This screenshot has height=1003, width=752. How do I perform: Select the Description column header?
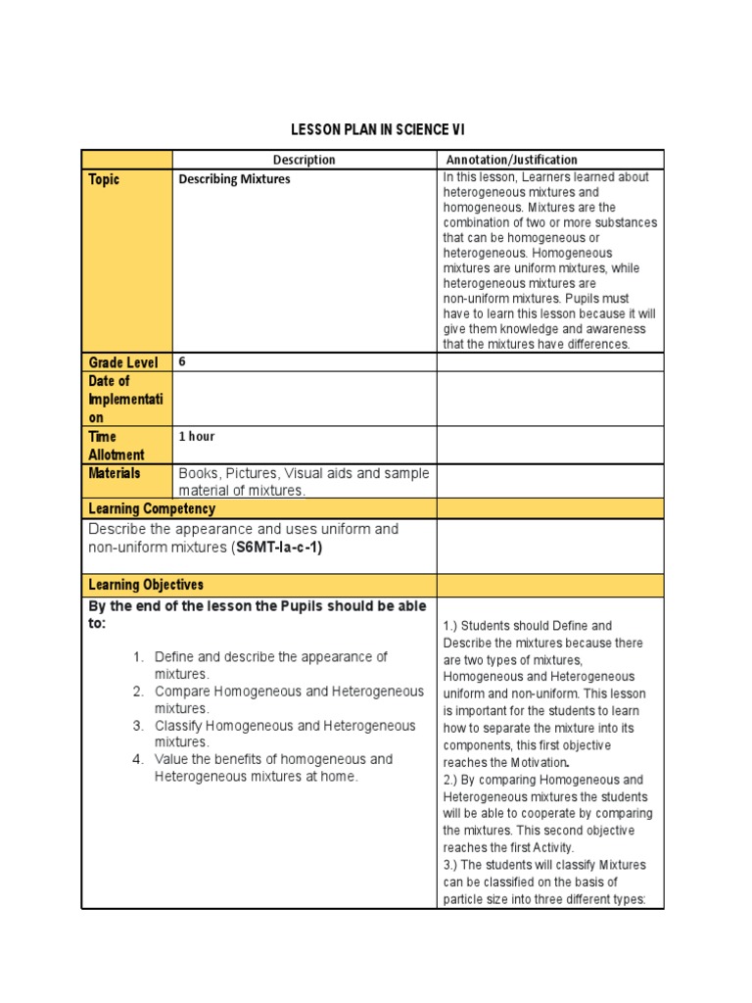click(304, 160)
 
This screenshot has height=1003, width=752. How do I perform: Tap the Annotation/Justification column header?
click(511, 160)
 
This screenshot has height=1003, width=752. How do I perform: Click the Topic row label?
click(104, 180)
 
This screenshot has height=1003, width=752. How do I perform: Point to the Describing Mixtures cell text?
click(234, 180)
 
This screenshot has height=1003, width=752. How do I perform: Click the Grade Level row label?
click(123, 362)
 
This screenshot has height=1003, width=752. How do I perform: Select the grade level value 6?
click(182, 361)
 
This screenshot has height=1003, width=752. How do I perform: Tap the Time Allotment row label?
click(116, 446)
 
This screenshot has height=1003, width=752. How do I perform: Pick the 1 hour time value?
click(196, 437)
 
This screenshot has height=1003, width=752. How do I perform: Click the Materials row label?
click(115, 473)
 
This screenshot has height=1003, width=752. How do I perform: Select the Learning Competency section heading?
click(152, 509)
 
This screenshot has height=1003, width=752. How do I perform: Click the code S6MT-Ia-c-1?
click(279, 548)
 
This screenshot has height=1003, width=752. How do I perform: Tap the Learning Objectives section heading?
click(146, 585)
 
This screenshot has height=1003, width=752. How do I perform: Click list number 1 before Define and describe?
click(139, 657)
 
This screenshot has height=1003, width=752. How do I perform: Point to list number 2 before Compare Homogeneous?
click(139, 692)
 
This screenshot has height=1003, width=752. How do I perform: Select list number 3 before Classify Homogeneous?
click(139, 726)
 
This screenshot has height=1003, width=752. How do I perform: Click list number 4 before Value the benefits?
click(139, 759)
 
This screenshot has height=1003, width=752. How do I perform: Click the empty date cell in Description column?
click(304, 399)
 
